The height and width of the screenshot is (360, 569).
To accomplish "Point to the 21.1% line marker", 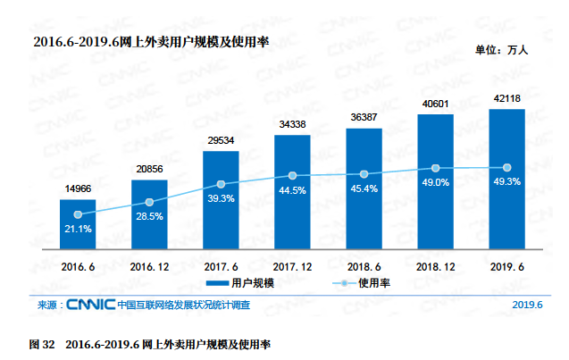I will point(78,214).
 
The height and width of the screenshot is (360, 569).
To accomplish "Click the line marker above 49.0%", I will point(435,168).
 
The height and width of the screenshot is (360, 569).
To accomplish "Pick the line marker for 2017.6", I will point(221,184).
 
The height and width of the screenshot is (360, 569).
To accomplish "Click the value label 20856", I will point(149,170).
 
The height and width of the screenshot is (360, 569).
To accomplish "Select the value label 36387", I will point(364,117).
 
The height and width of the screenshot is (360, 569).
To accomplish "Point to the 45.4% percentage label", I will point(364,188).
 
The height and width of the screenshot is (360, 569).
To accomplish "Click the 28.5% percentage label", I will point(149,216).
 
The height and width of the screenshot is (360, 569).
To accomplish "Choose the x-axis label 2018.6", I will point(364,266).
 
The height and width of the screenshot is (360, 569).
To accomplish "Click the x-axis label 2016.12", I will point(149,266).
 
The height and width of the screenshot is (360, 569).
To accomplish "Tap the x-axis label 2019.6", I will point(506,266).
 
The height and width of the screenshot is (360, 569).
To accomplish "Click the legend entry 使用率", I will point(372,283).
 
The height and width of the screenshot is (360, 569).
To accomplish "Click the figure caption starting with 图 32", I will point(150,343).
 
